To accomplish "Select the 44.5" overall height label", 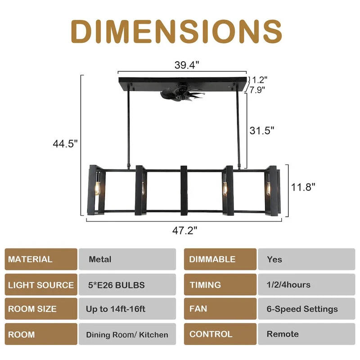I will (x=66, y=144).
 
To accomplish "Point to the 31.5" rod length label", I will (x=262, y=130).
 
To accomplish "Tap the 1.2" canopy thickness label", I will (x=260, y=80).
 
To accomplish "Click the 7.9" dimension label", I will (x=257, y=89).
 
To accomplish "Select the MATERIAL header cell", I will (x=41, y=259).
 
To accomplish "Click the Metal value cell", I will (x=127, y=259).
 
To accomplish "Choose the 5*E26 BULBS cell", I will (x=127, y=285).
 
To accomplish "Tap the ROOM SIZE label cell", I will (x=41, y=309).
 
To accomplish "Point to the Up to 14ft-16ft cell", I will (x=127, y=309).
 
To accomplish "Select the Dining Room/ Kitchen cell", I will (x=127, y=334).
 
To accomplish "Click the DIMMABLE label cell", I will (x=220, y=259).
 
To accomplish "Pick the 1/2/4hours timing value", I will (x=306, y=285).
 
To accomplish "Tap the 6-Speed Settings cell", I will (x=306, y=309).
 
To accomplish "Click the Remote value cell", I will (x=306, y=334).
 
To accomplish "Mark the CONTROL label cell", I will (x=220, y=334).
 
